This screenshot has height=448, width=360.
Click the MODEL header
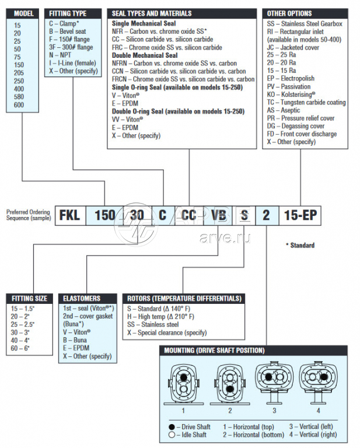(24, 13)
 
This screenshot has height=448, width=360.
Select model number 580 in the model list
(19, 96)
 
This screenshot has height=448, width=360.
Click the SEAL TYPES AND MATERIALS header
(152, 13)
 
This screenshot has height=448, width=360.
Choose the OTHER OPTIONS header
(289, 13)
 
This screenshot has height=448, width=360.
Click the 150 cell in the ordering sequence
(104, 215)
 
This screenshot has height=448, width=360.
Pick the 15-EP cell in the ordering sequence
(300, 215)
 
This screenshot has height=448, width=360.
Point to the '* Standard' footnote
(300, 245)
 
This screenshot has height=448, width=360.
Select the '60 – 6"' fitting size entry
(20, 348)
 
